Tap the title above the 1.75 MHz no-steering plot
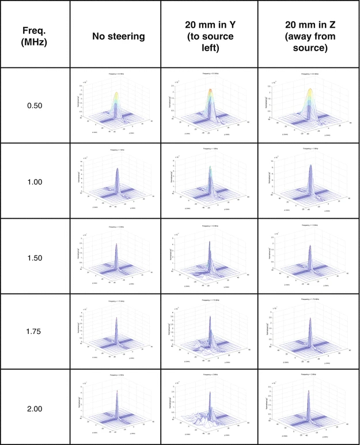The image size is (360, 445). tap(115, 301)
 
